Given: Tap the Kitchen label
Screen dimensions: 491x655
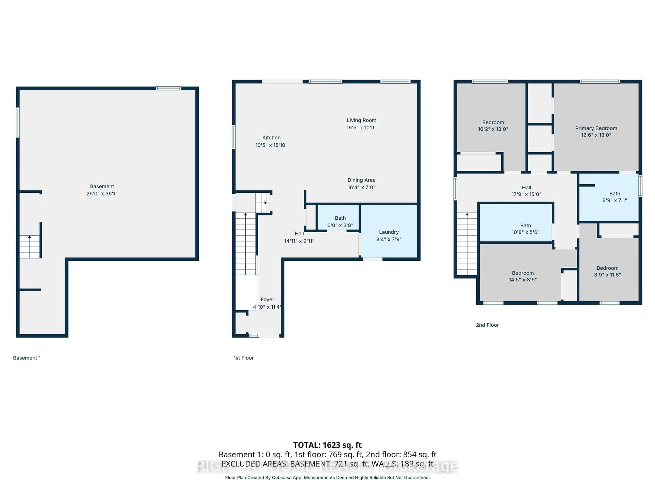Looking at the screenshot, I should point(271,138).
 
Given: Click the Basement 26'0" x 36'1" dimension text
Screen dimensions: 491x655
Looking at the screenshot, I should point(102,194).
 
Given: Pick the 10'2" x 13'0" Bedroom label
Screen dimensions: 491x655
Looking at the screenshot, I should point(493,122).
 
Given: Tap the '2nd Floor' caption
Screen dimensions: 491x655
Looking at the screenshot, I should point(487,325).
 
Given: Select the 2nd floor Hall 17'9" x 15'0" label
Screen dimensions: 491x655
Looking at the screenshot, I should point(526,187).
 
